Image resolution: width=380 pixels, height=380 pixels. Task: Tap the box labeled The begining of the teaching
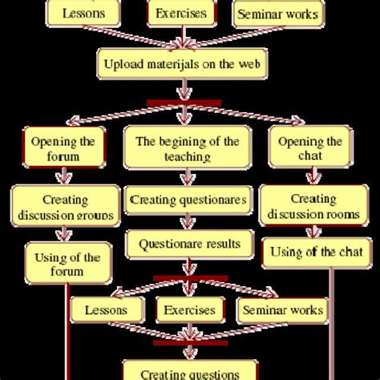[187, 149]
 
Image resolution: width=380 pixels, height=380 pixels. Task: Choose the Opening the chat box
[298, 149]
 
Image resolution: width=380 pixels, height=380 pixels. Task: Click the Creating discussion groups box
[63, 207]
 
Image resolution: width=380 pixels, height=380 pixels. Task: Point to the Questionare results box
[187, 242]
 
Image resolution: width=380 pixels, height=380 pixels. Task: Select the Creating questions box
[189, 371]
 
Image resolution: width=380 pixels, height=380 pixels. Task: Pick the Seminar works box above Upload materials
[277, 14]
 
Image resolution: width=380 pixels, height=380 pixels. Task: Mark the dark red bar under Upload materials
[184, 103]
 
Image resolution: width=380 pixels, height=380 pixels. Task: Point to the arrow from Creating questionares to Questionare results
[187, 220]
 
